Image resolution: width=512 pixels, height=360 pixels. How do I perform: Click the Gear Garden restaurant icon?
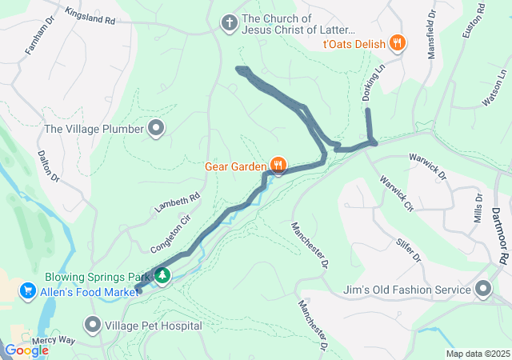point(278,166)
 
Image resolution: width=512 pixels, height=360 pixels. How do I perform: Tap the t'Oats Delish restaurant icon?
point(397,43)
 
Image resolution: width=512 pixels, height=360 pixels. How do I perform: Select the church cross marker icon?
point(229,22)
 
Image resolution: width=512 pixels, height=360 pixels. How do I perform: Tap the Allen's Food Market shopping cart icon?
point(28,290)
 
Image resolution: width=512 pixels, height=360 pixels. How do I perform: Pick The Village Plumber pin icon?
point(156,128)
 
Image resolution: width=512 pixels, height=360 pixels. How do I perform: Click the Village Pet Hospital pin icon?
point(94,325)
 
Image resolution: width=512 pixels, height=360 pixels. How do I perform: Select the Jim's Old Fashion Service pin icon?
point(483,288)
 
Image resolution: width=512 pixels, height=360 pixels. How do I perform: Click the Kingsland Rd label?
point(90,14)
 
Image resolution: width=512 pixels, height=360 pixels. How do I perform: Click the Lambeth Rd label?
point(177,205)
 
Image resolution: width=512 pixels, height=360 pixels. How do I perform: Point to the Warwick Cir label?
point(397,194)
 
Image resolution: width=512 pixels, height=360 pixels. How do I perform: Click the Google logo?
point(26,350)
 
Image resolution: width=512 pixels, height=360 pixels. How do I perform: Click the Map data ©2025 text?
point(477,354)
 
